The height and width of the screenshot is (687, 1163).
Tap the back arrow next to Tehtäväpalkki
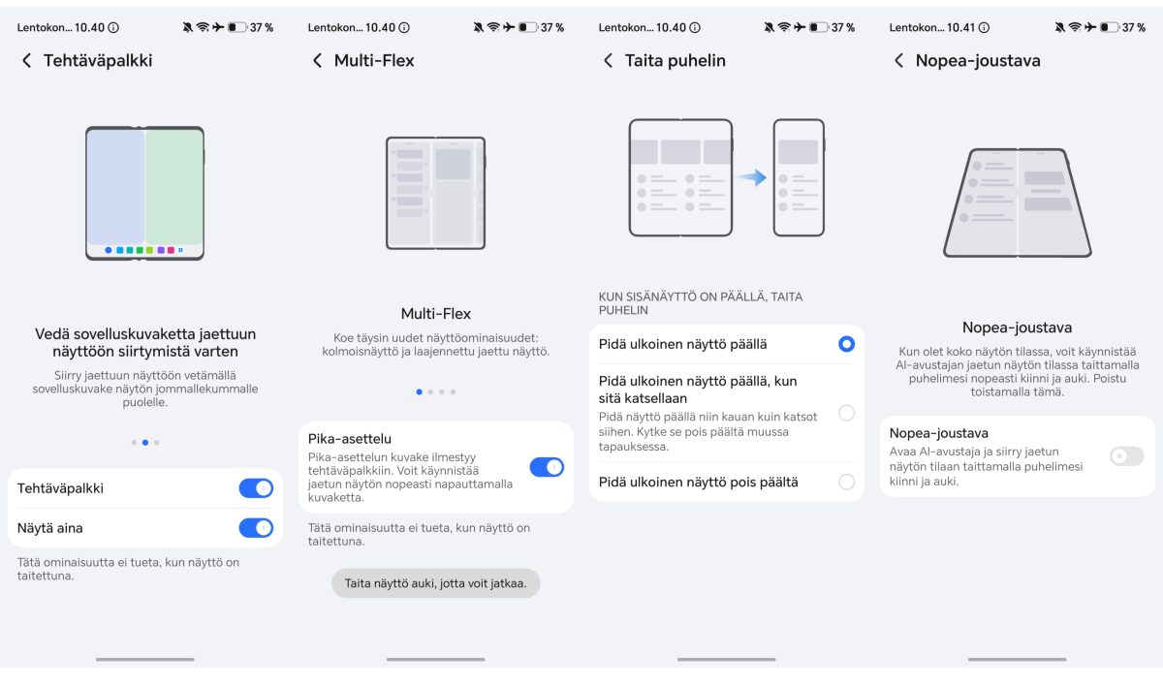[x=26, y=61]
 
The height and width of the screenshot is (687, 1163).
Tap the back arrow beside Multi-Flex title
[x=317, y=61]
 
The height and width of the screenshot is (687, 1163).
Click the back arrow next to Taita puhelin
[x=608, y=61]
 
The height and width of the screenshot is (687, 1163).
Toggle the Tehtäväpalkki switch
[x=256, y=488]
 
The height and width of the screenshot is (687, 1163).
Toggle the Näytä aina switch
[x=256, y=528]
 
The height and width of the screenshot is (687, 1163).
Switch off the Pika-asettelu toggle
[x=547, y=467]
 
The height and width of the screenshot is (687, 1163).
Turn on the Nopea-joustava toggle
[x=1126, y=456]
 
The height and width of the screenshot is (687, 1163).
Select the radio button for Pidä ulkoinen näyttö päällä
[x=846, y=344]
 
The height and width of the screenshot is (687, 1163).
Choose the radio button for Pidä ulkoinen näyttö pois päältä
[x=846, y=482]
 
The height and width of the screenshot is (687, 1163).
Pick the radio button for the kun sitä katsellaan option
[x=846, y=413]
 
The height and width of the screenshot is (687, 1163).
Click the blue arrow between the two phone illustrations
[x=752, y=177]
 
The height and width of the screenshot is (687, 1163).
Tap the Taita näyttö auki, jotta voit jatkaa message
[x=435, y=583]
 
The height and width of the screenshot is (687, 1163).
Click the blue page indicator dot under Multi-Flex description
[x=419, y=392]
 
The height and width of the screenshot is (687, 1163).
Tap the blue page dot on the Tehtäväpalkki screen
[x=145, y=443]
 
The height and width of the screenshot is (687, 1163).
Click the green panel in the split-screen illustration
[x=173, y=187]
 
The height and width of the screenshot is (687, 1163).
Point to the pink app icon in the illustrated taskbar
[x=171, y=250]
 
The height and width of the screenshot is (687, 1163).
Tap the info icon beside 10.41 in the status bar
[x=984, y=27]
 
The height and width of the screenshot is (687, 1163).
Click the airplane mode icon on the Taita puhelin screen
[x=800, y=27]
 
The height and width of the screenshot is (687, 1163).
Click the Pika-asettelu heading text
[x=350, y=439]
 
